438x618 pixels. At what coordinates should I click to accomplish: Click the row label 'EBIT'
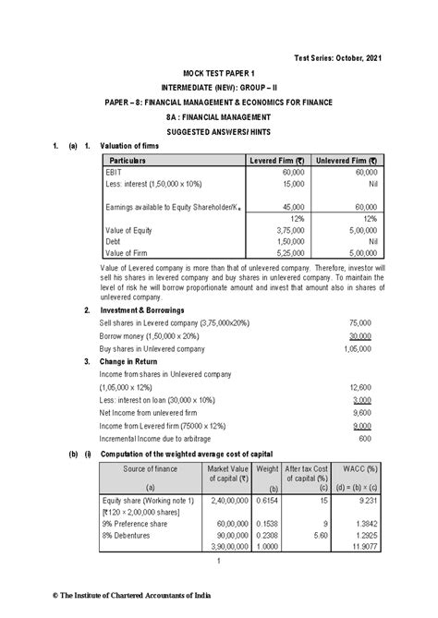point(116,173)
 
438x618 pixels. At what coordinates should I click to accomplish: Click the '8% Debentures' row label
point(129,536)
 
